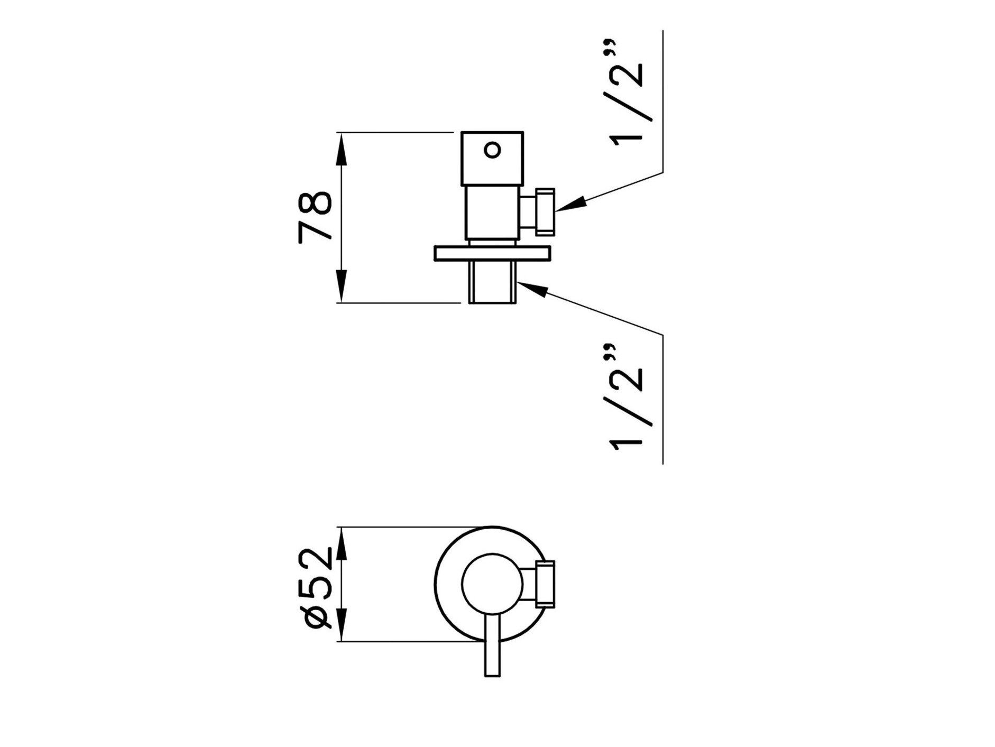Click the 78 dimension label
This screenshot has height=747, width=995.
[x=315, y=217]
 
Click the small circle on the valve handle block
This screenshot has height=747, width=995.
[x=492, y=150]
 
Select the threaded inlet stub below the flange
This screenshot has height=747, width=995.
[x=492, y=282]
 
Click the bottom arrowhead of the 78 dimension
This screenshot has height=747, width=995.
[x=342, y=286]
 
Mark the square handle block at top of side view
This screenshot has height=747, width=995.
[x=492, y=158]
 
